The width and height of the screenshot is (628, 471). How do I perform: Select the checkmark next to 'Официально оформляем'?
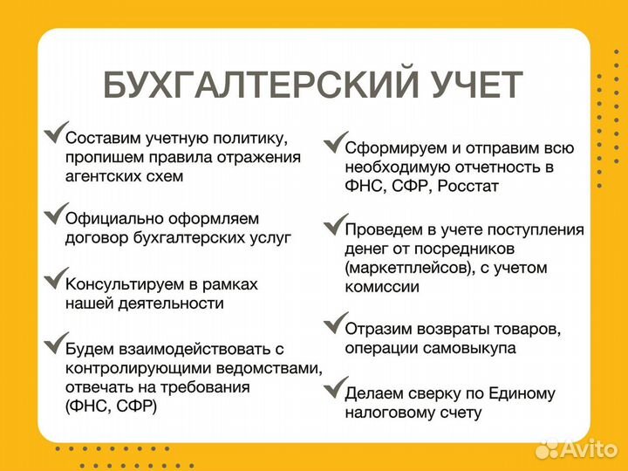[x=53, y=213]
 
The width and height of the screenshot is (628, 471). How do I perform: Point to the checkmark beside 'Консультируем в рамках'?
[x=53, y=280]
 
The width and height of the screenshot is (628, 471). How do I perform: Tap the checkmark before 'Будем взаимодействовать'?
[x=53, y=343]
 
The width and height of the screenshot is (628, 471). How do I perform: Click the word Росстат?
[x=468, y=186]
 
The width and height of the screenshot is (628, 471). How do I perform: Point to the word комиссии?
[x=381, y=287]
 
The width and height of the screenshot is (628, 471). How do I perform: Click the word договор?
[x=95, y=236]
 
